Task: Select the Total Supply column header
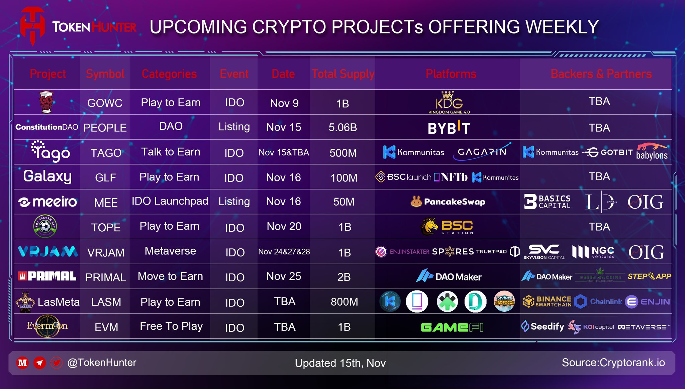(343, 74)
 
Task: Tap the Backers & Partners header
(601, 74)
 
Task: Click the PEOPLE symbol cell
(105, 128)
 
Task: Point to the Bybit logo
(449, 128)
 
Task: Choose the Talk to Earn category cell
(171, 152)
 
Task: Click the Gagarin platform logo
(482, 152)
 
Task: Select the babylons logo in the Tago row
(652, 151)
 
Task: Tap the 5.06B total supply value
(343, 128)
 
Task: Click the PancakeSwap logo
(448, 202)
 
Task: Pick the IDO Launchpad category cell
(170, 201)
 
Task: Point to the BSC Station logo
(447, 227)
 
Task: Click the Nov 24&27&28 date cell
(284, 252)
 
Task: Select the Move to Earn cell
(170, 277)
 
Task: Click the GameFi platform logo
(452, 327)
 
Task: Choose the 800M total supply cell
(344, 302)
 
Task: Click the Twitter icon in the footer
(56, 363)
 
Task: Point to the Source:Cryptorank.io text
(613, 363)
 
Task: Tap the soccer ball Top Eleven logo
(45, 226)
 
